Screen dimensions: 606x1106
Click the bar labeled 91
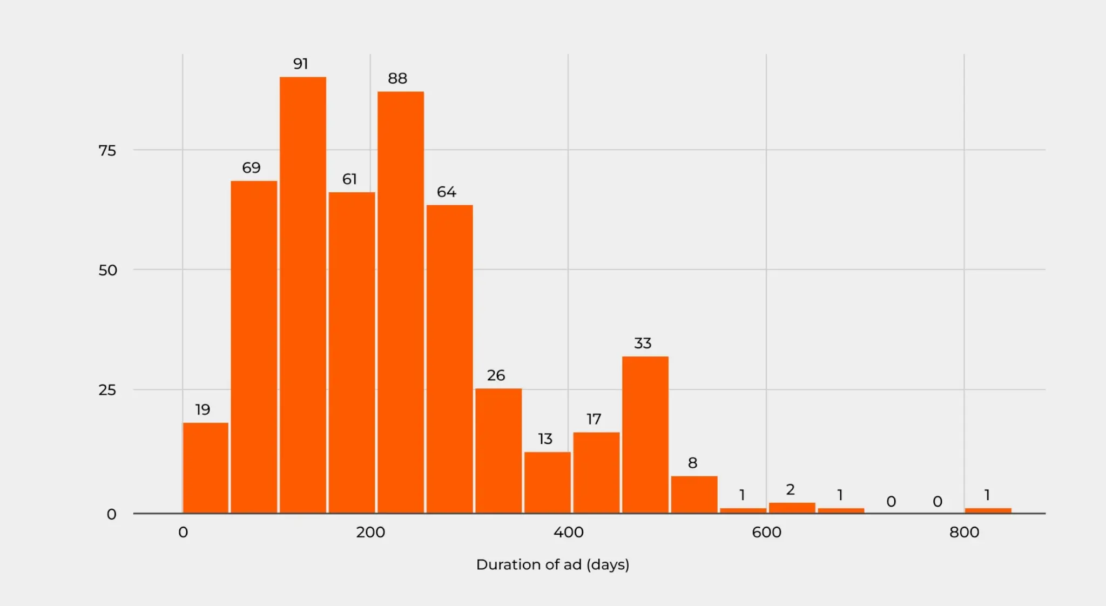(302, 294)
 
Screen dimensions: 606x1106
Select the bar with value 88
(400, 302)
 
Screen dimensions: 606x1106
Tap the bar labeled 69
(254, 346)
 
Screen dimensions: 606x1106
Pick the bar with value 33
(645, 434)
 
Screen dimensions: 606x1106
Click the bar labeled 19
(205, 467)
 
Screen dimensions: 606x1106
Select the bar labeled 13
(547, 482)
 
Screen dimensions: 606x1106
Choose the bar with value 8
(694, 494)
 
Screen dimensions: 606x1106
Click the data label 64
(446, 192)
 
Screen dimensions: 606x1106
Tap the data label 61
(349, 179)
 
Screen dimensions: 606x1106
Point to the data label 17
(594, 419)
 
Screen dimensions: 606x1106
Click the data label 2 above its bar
(790, 489)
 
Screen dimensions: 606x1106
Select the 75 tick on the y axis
(107, 151)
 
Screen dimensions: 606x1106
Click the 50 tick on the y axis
(107, 270)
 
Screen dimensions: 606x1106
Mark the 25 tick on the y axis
(107, 390)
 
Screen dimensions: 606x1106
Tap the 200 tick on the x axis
(370, 533)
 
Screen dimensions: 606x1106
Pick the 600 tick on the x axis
(766, 533)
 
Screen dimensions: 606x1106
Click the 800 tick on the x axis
(964, 533)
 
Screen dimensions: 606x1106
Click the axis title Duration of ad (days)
(552, 564)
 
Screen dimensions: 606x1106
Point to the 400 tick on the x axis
(568, 533)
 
